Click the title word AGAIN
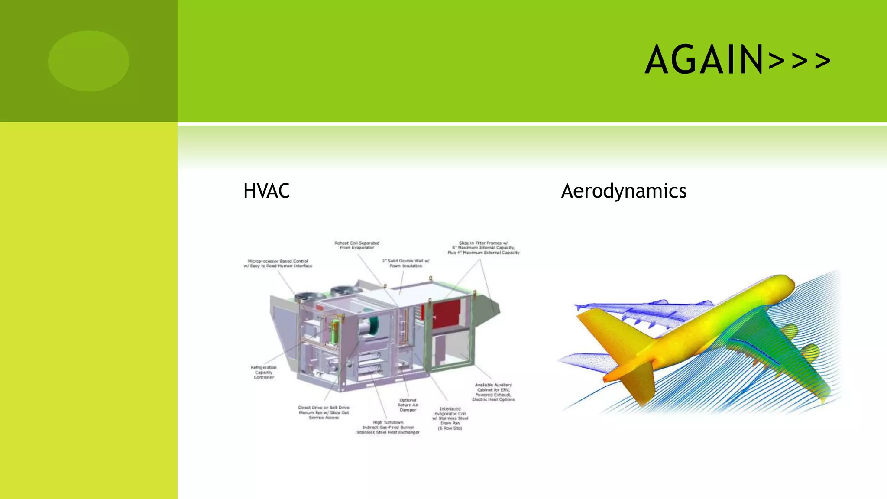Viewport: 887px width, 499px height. tap(704, 60)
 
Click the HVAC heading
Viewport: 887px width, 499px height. tap(266, 191)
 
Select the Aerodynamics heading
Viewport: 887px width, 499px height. tap(624, 191)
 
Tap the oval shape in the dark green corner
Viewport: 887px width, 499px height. tap(89, 61)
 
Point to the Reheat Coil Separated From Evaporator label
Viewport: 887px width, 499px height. tap(357, 245)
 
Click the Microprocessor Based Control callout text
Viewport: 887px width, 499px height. tap(278, 263)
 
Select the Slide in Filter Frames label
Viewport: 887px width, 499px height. tap(483, 248)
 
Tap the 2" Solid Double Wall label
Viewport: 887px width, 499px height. tap(405, 263)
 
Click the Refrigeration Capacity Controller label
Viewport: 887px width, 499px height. tap(264, 372)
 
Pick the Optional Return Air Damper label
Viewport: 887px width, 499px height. tap(408, 405)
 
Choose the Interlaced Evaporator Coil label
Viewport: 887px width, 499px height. tap(450, 418)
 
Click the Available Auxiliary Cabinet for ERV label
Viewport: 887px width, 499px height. tap(493, 392)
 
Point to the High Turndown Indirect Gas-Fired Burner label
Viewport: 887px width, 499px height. tap(388, 427)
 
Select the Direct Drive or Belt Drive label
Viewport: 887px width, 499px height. tap(324, 412)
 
